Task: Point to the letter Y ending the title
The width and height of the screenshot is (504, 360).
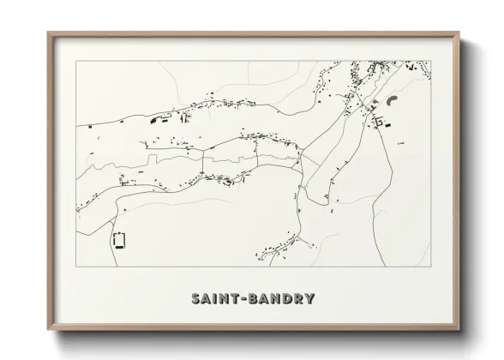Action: tap(309, 299)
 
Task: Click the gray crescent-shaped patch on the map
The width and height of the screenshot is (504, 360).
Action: tap(393, 100)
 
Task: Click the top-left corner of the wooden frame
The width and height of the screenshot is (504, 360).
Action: tap(48, 33)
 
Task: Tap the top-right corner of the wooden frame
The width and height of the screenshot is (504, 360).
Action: tap(460, 33)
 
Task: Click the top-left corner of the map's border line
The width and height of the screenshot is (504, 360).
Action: tap(76, 61)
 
